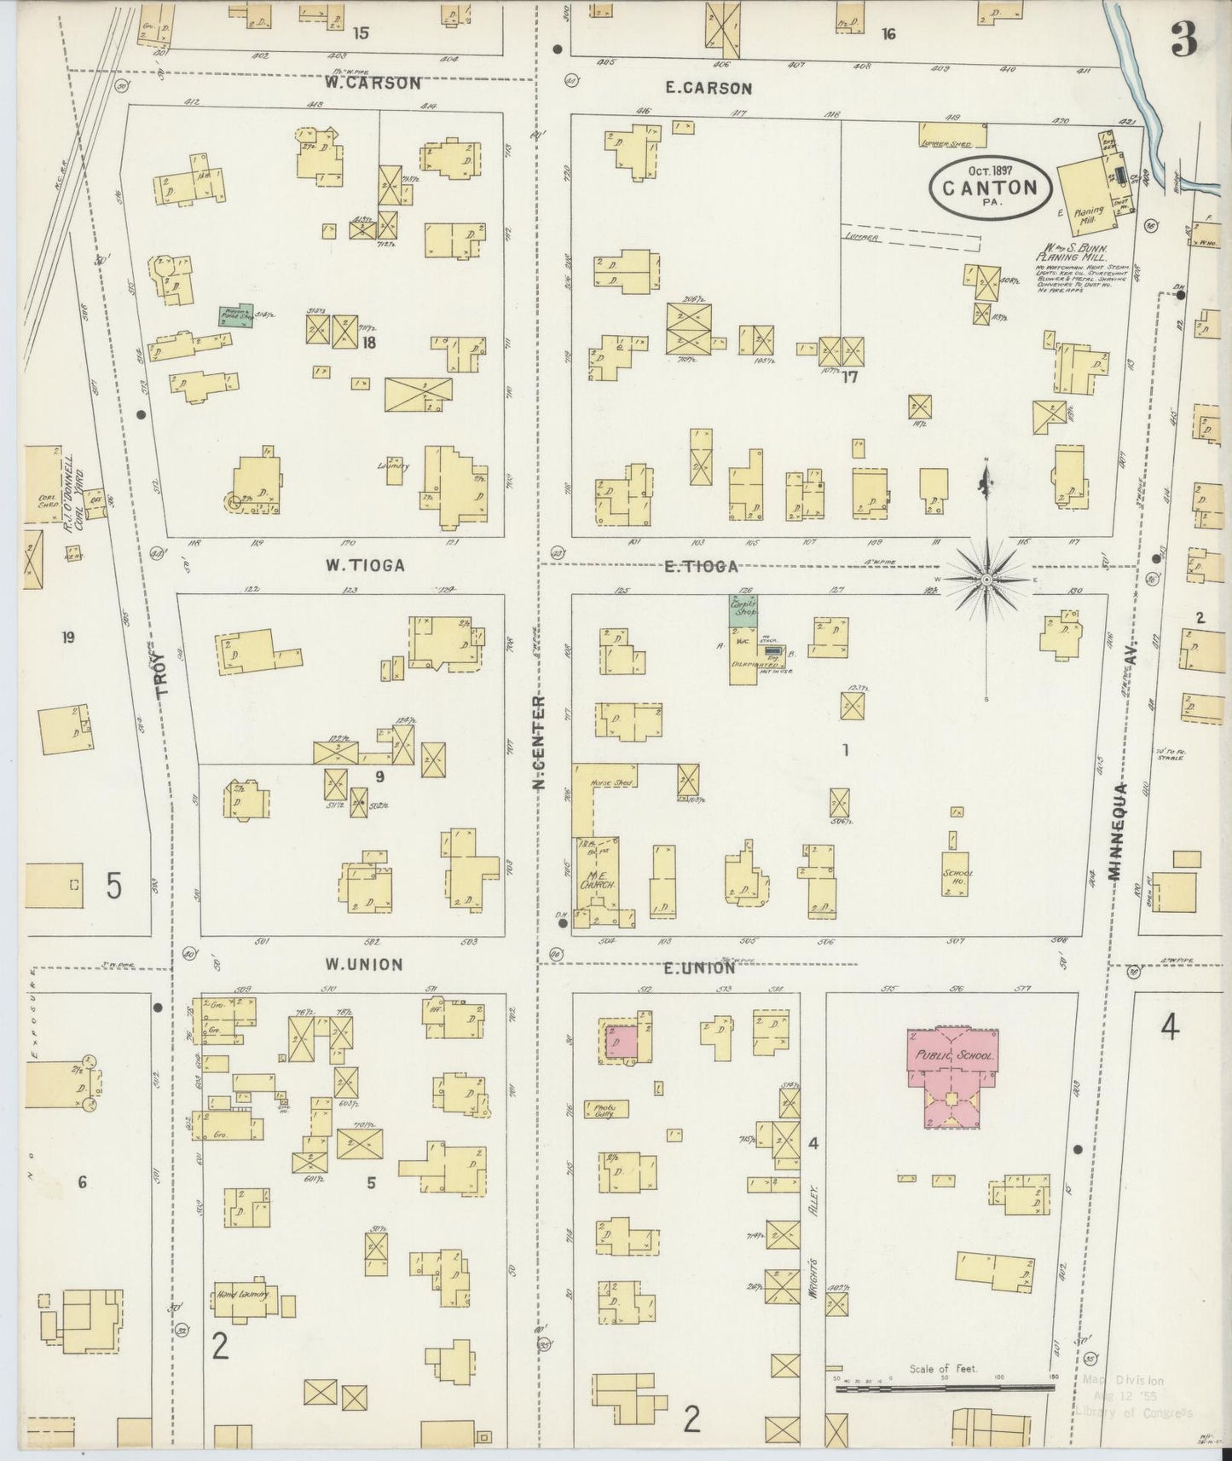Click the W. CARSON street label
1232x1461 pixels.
[372, 84]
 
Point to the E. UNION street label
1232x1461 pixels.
[697, 967]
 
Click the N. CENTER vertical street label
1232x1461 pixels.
[539, 741]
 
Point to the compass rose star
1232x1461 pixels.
[986, 579]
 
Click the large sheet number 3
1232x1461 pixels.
[1183, 38]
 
